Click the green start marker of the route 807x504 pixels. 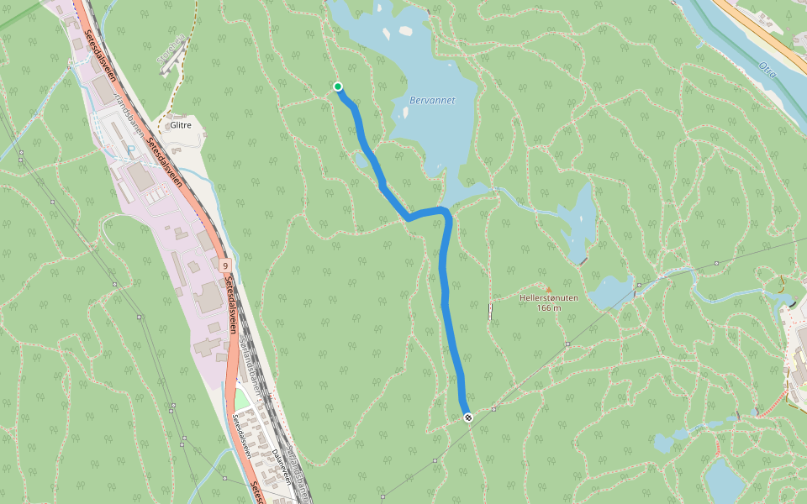tap(338, 87)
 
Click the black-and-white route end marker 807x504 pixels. tap(467, 417)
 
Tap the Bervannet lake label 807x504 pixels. tap(432, 100)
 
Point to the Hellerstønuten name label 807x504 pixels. tap(548, 298)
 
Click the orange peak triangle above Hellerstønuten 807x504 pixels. tap(549, 289)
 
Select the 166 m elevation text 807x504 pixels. tap(548, 308)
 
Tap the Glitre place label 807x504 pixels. tap(181, 125)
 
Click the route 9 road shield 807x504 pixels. tap(226, 265)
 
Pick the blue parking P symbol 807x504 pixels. tap(130, 150)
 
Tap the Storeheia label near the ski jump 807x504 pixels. tap(171, 50)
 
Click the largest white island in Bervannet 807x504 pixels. tap(405, 31)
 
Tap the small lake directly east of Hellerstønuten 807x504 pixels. tap(610, 291)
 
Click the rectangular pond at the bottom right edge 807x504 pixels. tap(721, 480)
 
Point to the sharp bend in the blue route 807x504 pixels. tap(409, 218)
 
